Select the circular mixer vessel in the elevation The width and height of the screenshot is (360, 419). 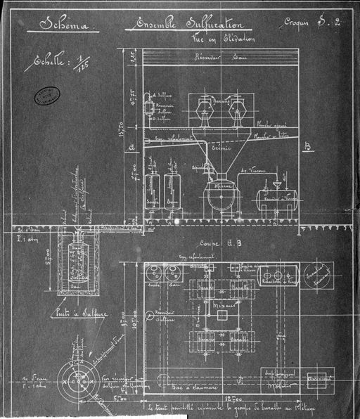(x=223, y=197)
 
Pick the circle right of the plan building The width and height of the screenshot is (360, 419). (x=319, y=275)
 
